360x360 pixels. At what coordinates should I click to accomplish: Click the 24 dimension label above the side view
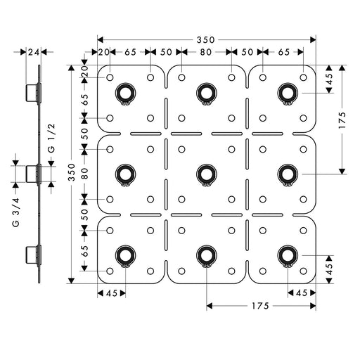click(34, 52)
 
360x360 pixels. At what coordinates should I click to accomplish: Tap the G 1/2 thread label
click(51, 138)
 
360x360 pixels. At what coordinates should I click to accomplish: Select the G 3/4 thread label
click(15, 212)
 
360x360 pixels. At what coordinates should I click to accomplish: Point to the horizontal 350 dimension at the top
click(205, 40)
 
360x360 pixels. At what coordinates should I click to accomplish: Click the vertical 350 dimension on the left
click(72, 172)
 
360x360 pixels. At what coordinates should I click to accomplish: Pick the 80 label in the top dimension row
click(206, 52)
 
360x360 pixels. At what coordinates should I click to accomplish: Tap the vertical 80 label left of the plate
click(84, 174)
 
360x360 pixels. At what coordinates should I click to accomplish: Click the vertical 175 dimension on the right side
click(342, 120)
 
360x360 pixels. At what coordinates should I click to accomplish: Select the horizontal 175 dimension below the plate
click(260, 306)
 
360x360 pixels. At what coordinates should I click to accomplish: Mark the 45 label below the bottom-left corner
click(112, 293)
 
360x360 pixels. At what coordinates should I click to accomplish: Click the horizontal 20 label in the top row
click(103, 52)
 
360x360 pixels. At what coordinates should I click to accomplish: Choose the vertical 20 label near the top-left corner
click(84, 71)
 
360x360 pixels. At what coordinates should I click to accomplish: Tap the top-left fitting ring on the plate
click(125, 94)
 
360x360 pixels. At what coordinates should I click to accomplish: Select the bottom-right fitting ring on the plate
click(288, 256)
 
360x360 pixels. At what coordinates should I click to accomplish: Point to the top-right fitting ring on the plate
click(288, 94)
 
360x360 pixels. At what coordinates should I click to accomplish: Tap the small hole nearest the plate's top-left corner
click(110, 77)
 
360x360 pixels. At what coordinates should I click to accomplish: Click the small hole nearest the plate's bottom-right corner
click(303, 271)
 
